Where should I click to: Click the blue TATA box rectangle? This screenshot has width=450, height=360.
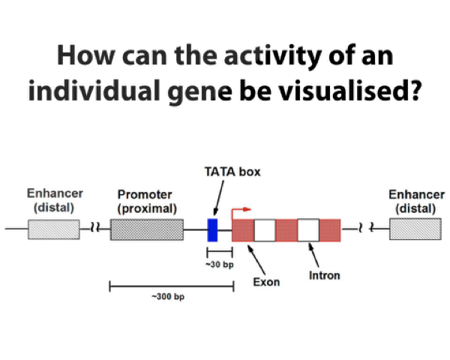[x=212, y=229]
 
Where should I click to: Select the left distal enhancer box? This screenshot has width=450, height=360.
[x=53, y=229]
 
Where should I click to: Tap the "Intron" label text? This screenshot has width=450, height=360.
[x=324, y=275]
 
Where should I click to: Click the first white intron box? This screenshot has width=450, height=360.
[x=265, y=229]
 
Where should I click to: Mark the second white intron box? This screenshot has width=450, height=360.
[x=308, y=229]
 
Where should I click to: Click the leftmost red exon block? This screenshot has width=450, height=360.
[x=243, y=229]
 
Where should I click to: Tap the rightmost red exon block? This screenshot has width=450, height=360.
[x=330, y=229]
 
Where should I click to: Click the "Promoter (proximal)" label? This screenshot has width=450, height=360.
[x=145, y=201]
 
